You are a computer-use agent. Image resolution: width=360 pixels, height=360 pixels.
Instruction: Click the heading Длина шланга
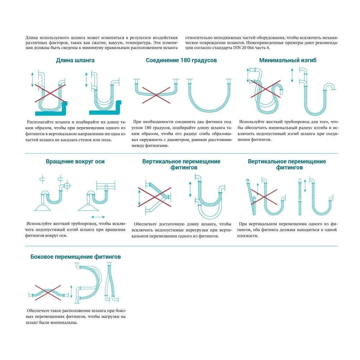(75, 60)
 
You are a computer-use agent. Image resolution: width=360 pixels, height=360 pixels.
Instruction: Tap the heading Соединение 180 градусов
(181, 60)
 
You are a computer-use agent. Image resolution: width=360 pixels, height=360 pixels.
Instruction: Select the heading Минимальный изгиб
(288, 60)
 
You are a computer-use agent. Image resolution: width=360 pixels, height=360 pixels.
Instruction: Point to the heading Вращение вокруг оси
(75, 161)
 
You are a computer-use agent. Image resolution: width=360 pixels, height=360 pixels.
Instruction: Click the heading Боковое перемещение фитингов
(76, 257)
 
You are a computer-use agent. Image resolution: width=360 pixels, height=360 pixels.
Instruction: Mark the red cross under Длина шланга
(49, 94)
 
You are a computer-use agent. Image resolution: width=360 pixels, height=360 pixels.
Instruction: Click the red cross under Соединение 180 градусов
(156, 91)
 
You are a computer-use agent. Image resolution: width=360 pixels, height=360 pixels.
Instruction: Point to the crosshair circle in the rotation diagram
(66, 186)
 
